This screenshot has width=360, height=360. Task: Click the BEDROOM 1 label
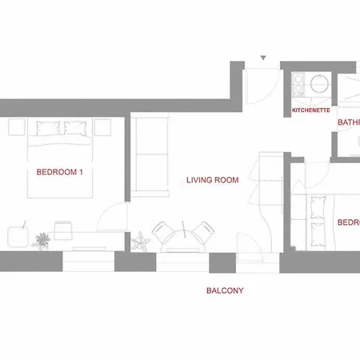coord(60,171)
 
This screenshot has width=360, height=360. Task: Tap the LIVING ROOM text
coord(213,180)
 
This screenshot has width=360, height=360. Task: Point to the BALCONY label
coord(225,290)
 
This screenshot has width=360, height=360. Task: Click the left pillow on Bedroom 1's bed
coord(45,126)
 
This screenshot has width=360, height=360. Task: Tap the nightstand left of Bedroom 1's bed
coord(14,126)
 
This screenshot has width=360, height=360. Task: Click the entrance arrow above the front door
coord(263,58)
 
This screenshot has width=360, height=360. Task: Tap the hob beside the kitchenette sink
coord(297,84)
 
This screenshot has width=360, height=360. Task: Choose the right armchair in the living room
coord(200,234)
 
